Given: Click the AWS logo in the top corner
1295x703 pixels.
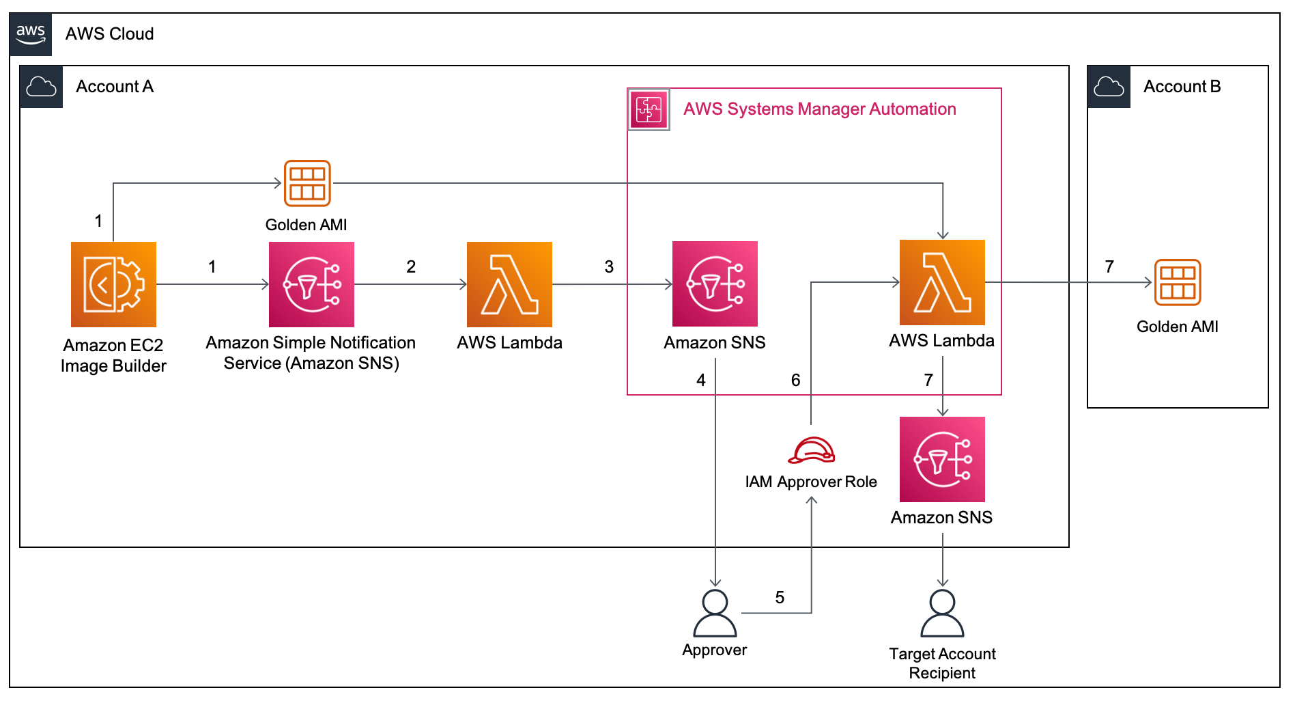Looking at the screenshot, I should pos(31,33).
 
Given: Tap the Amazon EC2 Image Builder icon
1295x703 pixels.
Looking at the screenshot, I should pos(113,284).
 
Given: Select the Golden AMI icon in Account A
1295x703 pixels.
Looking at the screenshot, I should pos(307,183).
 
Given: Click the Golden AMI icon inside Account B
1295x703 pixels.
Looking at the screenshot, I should pos(1178,282).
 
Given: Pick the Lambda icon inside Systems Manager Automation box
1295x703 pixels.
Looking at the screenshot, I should pos(942,282).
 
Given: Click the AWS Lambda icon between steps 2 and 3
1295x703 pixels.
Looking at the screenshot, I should pos(509,284).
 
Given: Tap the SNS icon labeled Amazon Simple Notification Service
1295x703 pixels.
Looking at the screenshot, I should pos(311,284).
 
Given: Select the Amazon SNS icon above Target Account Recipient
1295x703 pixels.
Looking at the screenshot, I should pos(942,459).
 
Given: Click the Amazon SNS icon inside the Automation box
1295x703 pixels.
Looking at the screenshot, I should pos(715,284).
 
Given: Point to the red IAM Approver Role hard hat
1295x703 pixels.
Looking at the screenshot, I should pos(812,451).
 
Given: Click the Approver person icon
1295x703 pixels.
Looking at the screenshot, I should pos(715,613).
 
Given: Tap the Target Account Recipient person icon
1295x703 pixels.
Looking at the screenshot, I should pos(942,613).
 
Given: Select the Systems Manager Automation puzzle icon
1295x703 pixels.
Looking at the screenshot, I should pos(649,109).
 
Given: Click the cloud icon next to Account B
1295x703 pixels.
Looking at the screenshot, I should pos(1109,87).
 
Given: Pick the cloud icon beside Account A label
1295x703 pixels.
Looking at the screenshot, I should pos(41,87).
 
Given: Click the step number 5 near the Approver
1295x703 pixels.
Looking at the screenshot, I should pos(780,598).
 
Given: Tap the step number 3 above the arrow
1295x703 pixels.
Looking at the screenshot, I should pos(609,267).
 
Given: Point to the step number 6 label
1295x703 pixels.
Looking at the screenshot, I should pos(795,381).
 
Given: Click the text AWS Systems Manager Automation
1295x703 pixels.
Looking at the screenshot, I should pos(819,109).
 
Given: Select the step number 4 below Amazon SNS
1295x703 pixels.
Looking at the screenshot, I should pos(700,381).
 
